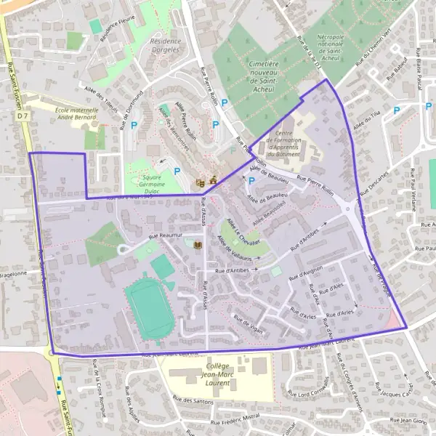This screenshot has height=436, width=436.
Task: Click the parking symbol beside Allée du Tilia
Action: tap(396, 111)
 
